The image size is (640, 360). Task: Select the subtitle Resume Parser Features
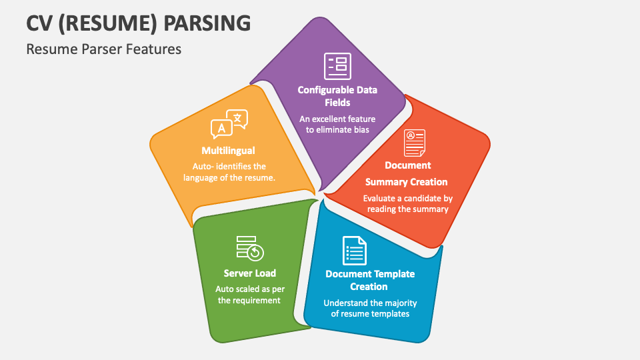click(103, 49)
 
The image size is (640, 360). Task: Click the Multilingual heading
click(228, 151)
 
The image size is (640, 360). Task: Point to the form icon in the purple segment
click(337, 66)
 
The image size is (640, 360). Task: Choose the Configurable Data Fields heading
click(337, 96)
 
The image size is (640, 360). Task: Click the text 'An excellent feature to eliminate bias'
click(337, 124)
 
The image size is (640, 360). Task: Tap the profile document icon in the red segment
click(414, 143)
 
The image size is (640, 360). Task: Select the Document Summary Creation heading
click(407, 173)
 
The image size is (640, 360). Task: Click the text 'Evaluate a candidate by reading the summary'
click(407, 203)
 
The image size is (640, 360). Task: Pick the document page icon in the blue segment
click(354, 251)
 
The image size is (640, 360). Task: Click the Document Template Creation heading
click(369, 280)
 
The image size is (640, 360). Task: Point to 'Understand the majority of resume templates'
click(370, 308)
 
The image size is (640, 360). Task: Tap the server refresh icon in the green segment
click(250, 247)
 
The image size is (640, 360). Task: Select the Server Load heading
click(249, 273)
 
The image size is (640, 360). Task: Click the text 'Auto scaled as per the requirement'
click(248, 295)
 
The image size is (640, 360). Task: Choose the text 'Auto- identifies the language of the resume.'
click(229, 172)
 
